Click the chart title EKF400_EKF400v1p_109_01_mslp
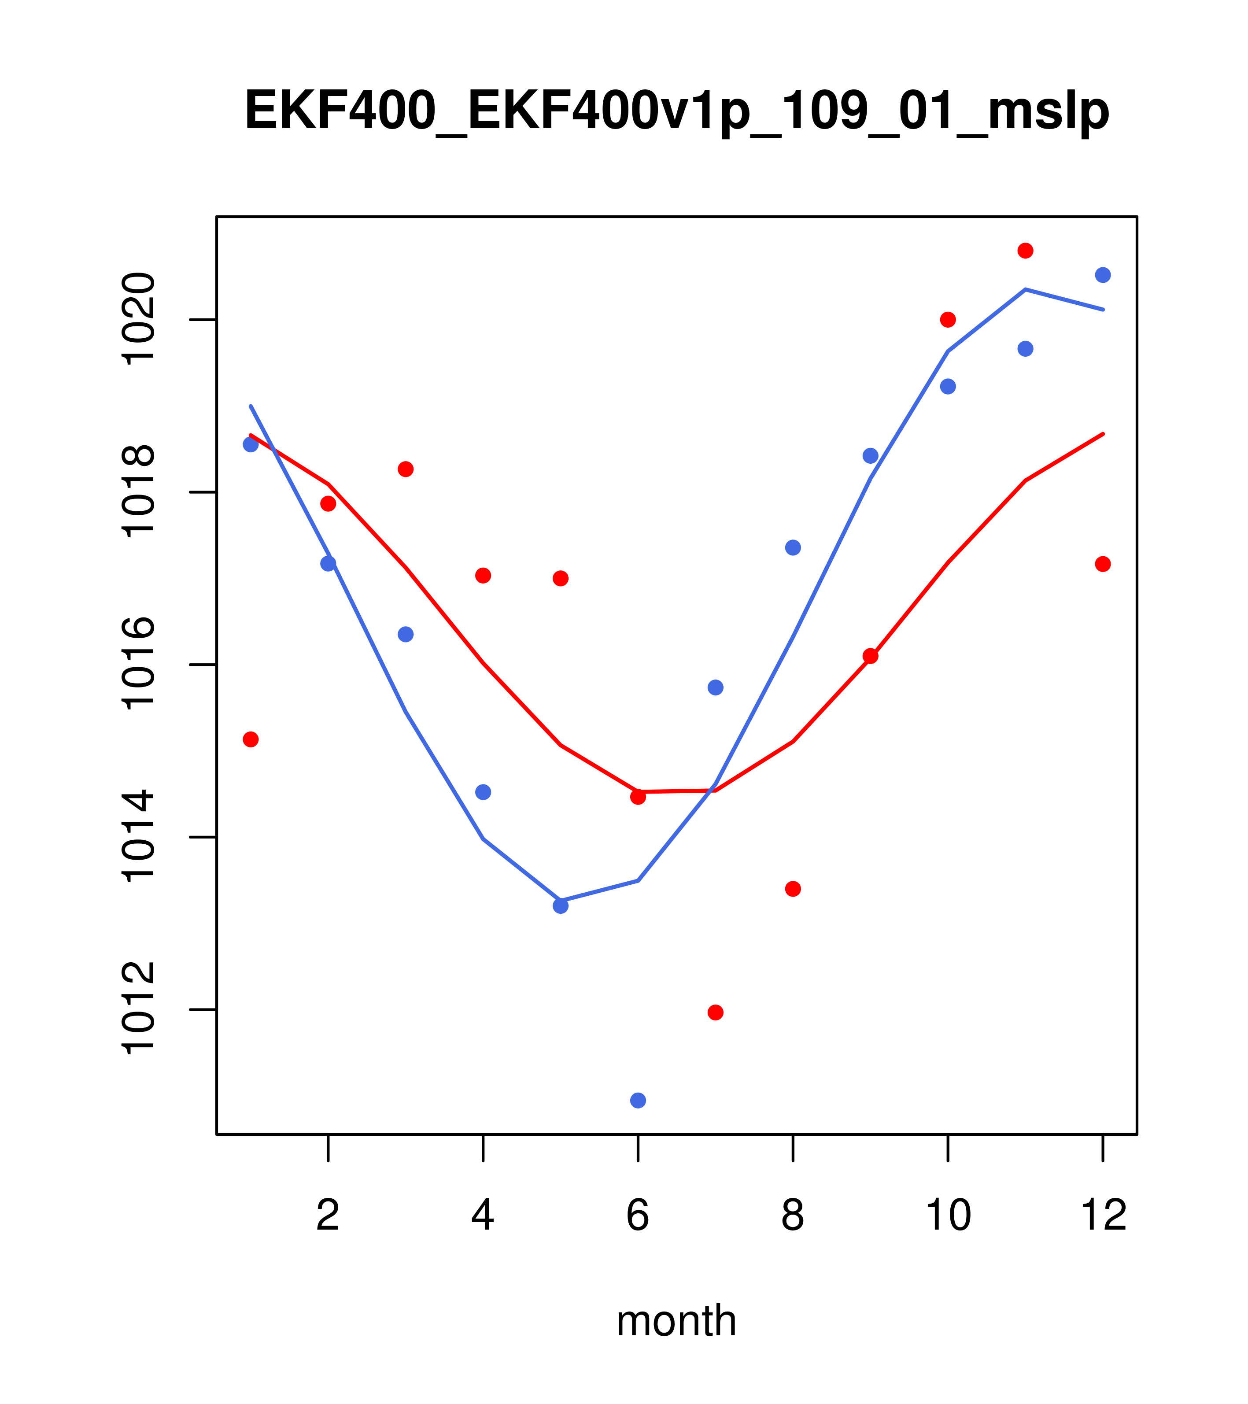pos(676,111)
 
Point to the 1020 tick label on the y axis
pos(137,319)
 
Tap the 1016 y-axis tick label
pos(137,664)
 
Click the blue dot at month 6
pos(638,1101)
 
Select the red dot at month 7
pos(716,1012)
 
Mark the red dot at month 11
pos(1026,251)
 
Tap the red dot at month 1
pos(251,739)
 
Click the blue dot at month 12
pos(1103,275)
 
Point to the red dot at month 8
pos(793,889)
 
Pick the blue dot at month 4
pos(484,792)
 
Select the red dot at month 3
pos(406,469)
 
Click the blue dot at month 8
pos(793,547)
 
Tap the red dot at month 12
pos(1103,564)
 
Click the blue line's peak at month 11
pos(1026,289)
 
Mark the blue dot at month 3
pos(406,634)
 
